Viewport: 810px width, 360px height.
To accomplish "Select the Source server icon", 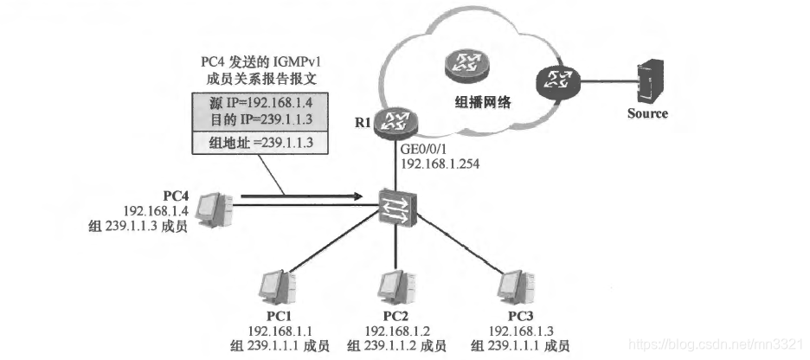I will tap(647, 80).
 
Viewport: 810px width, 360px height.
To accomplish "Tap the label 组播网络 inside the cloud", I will tap(483, 101).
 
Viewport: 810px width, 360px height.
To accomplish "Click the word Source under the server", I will tap(647, 113).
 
